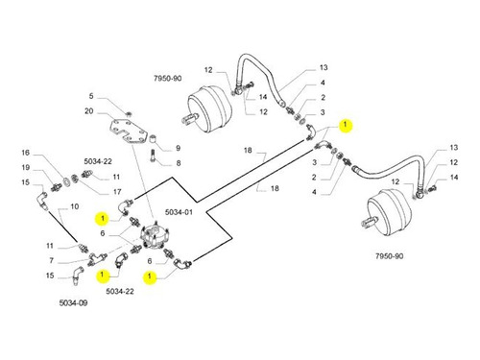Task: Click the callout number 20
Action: [x=89, y=111]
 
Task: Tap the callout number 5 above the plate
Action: [x=91, y=96]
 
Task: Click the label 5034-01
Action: [x=179, y=212]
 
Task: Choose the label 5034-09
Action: [x=73, y=302]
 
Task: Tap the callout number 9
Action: [x=178, y=148]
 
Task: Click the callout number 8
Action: [x=179, y=163]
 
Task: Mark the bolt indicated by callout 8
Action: [x=153, y=156]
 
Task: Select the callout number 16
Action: [x=26, y=153]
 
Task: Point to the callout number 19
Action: [x=26, y=167]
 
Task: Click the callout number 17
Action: [x=117, y=192]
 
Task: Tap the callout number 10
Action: [x=74, y=206]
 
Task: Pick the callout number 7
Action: [x=51, y=260]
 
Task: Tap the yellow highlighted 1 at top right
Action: [x=345, y=125]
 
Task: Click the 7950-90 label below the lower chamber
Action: [x=389, y=256]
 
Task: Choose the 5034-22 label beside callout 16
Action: [x=98, y=161]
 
